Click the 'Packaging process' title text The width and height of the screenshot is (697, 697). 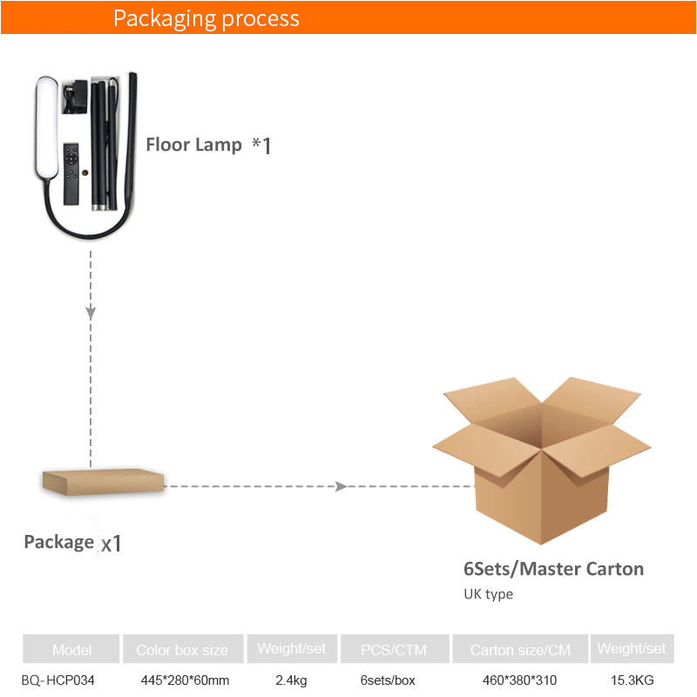pos(206,18)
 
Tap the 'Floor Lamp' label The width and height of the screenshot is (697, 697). pos(193,145)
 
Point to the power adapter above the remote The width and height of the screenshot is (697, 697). pos(75,97)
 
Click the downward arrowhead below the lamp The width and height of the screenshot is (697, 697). pos(91,311)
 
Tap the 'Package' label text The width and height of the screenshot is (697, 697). pos(58,542)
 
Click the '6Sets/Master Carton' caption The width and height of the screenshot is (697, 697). pos(553,569)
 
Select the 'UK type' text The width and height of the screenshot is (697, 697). pos(488,594)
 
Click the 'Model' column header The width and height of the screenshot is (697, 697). pos(71,650)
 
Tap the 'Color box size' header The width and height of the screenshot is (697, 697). pos(182,650)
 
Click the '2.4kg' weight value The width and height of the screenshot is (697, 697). pos(290,680)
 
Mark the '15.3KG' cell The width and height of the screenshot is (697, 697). pos(632,680)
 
